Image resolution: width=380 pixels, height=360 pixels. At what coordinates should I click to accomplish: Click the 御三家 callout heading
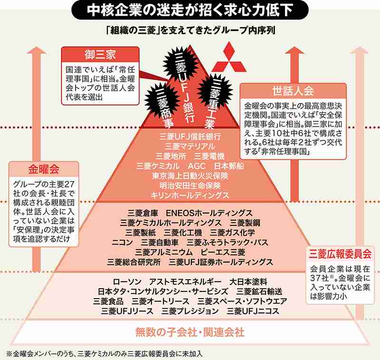(100, 55)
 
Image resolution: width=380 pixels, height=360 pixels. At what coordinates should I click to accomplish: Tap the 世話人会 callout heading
(293, 91)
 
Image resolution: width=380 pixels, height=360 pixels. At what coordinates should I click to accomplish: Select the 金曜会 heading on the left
(44, 169)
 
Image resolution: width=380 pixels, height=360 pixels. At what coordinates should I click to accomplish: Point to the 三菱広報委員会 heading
(340, 254)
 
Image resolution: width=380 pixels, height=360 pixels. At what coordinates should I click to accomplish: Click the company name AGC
(197, 166)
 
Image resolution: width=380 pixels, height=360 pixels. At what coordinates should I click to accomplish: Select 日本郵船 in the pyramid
(229, 166)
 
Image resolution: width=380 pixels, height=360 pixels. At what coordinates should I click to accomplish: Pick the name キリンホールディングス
(190, 195)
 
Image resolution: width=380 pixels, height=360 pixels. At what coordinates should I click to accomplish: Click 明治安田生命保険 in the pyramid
(190, 186)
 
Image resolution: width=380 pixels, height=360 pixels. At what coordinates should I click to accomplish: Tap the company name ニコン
(122, 243)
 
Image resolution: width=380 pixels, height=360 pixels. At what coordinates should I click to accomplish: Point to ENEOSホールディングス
(209, 213)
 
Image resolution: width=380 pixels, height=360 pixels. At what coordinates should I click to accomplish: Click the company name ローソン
(127, 282)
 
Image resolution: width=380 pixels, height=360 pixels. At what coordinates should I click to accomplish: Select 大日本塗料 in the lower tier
(248, 282)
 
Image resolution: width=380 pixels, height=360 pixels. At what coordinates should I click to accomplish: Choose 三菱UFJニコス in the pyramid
(253, 311)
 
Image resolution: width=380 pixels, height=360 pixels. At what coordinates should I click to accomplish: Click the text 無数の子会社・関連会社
(190, 332)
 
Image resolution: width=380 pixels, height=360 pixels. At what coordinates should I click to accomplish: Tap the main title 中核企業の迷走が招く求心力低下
(190, 10)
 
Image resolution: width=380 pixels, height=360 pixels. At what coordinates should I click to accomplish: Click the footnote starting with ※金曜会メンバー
(104, 354)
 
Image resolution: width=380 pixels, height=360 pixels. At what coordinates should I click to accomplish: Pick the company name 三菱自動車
(160, 243)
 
